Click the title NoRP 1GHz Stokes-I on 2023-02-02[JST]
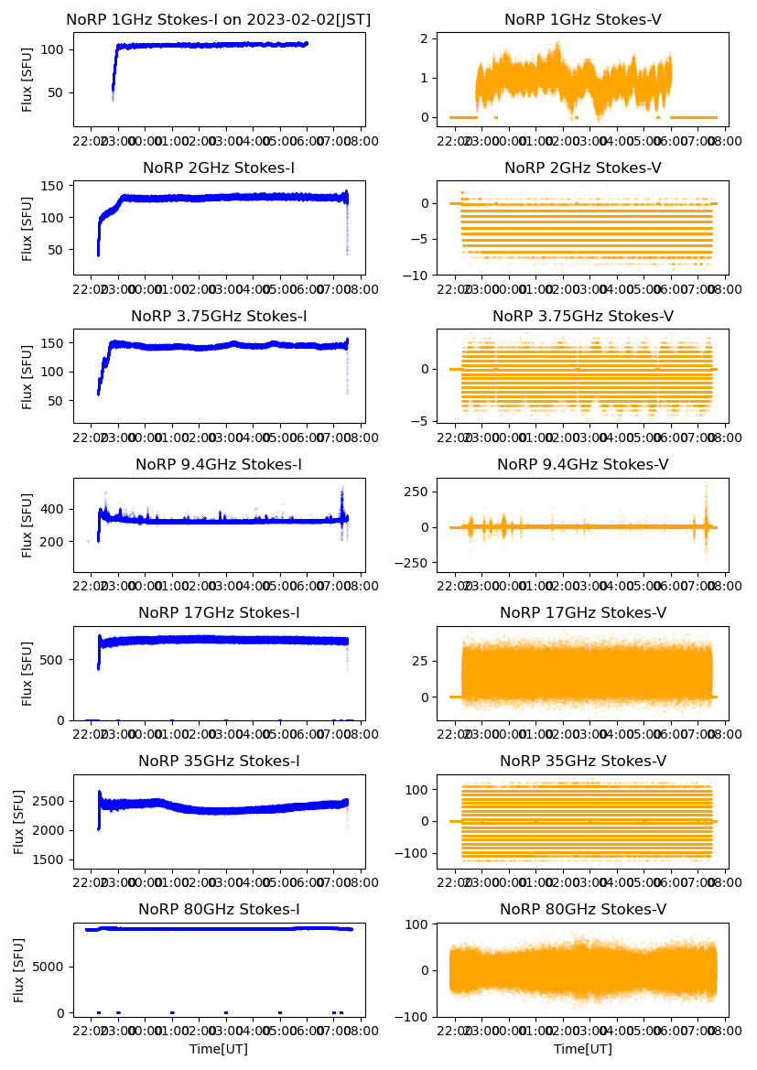click(x=219, y=19)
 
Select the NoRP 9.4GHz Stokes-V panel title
click(x=583, y=465)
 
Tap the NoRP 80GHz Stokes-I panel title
click(x=219, y=909)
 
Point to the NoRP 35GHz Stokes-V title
click(x=583, y=762)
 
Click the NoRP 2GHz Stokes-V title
click(x=583, y=168)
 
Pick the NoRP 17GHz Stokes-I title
click(x=219, y=613)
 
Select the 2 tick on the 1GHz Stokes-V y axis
click(x=423, y=38)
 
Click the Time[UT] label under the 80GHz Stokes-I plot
click(x=219, y=1049)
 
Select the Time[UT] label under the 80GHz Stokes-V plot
click(x=583, y=1049)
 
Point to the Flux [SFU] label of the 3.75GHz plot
click(x=27, y=376)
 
